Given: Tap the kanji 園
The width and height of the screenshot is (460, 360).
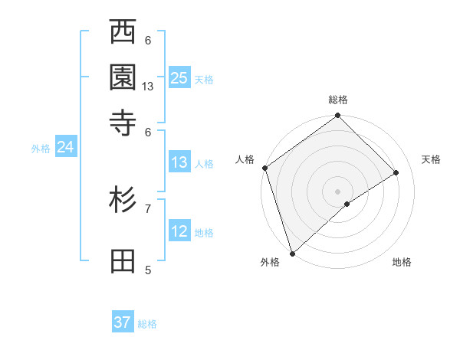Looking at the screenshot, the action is coord(123,77).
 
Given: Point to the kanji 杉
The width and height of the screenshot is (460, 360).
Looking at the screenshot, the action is coord(123,201).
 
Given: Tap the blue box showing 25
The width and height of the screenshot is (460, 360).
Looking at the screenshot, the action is coord(179,78).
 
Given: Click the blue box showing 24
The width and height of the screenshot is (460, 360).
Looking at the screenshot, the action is coord(65,148).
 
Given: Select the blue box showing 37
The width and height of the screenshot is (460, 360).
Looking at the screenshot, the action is coord(123,322).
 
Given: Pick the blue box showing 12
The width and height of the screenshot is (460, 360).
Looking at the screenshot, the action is coord(179,232).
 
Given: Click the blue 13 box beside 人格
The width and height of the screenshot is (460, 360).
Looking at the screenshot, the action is coord(179,162).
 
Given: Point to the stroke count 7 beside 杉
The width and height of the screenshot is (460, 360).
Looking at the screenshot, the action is coord(148,208).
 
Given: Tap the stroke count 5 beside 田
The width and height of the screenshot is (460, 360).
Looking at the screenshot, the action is coord(148,270).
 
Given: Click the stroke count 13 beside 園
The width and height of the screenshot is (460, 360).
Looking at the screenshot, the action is coord(148,87).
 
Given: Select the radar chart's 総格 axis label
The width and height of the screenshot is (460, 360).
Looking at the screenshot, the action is coord(338,100).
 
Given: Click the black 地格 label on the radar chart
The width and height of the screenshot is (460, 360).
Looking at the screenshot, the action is coord(402,263).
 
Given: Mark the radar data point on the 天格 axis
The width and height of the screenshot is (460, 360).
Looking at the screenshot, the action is coord(396,173).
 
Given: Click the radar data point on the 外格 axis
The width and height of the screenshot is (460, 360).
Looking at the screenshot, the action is coord(292,253).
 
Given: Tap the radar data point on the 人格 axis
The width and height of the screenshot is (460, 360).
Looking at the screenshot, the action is coord(264,168).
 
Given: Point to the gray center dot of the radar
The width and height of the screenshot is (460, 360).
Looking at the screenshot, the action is coord(337,191).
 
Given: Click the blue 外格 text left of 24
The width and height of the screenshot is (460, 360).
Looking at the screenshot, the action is coord(41,149).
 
